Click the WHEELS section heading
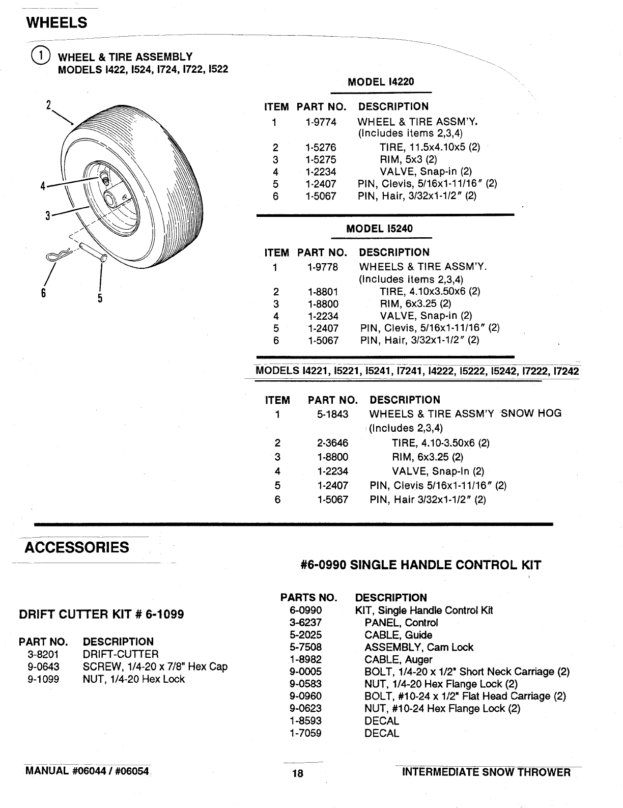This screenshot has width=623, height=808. (x=56, y=23)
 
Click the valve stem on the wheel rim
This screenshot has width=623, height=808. (x=104, y=178)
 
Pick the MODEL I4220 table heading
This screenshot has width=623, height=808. (x=381, y=81)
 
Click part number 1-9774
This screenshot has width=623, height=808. (x=321, y=122)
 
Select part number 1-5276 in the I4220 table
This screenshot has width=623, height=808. (x=321, y=148)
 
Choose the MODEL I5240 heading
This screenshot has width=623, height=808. (x=380, y=228)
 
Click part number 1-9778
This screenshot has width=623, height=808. (x=323, y=267)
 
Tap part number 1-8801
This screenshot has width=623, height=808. (x=323, y=292)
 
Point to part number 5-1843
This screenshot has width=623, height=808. (x=333, y=414)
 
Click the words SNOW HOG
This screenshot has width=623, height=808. (x=531, y=413)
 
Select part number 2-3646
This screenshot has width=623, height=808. (x=333, y=443)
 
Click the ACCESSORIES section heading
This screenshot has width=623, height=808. (x=77, y=548)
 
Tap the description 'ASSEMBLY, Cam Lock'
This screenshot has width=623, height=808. (x=418, y=647)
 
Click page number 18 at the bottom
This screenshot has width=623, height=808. (x=298, y=773)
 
